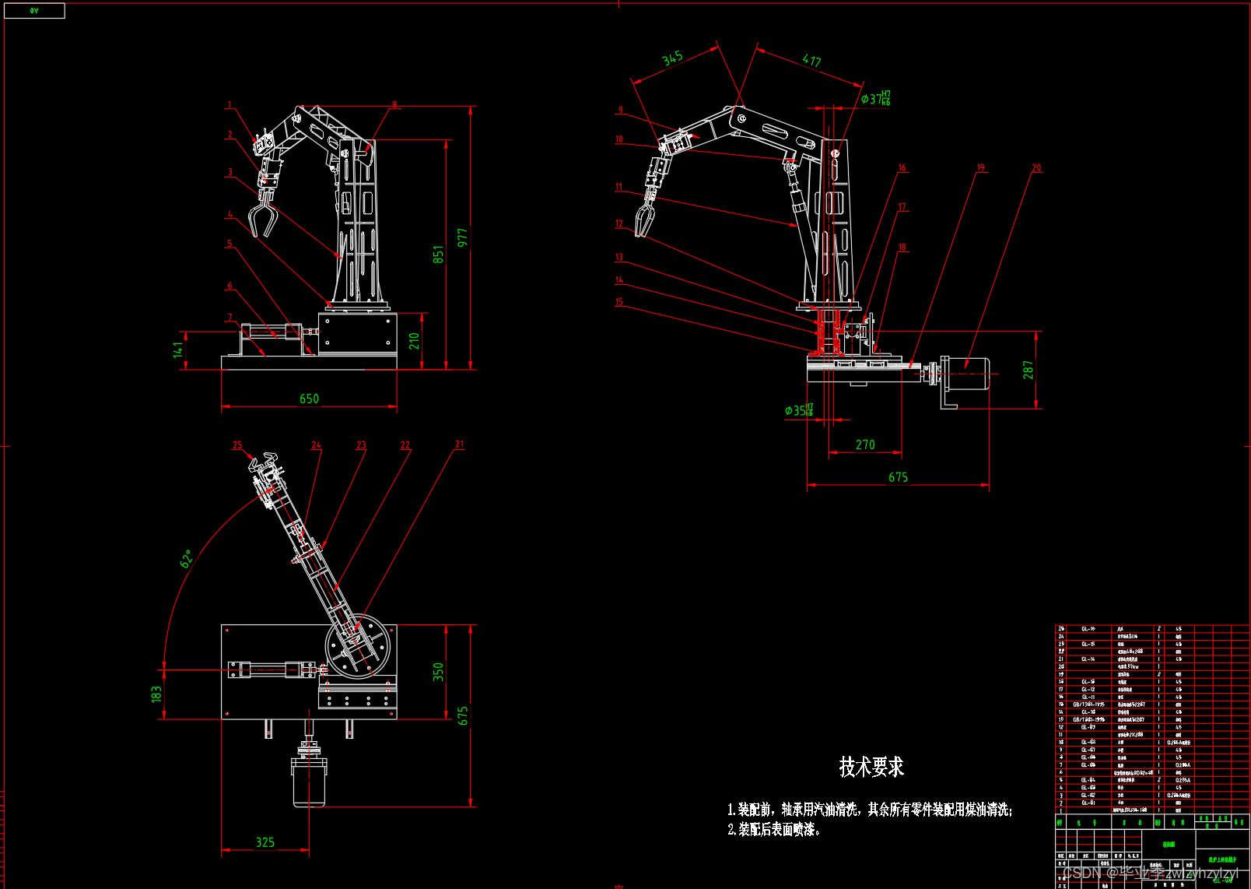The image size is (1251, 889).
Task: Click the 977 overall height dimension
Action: [463, 238]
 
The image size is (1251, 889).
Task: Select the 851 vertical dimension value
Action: [439, 255]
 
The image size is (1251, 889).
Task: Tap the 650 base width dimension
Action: [309, 399]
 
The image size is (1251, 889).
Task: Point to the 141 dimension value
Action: [178, 350]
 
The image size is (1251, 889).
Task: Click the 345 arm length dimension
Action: [672, 58]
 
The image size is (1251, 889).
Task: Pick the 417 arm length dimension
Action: [811, 61]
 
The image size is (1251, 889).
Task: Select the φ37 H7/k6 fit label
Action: [876, 99]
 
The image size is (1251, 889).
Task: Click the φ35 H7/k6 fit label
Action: [799, 410]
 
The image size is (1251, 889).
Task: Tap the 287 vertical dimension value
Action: [1028, 370]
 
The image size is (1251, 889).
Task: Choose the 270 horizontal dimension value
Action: [865, 444]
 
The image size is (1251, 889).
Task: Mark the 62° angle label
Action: [187, 558]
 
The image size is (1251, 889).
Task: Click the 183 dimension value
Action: [156, 694]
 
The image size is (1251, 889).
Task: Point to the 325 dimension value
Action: [265, 842]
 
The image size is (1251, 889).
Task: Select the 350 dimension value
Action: [439, 672]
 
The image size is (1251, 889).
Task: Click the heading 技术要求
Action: [871, 768]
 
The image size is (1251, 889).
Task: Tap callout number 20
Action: [1036, 168]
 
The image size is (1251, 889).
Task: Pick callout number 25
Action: [237, 445]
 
